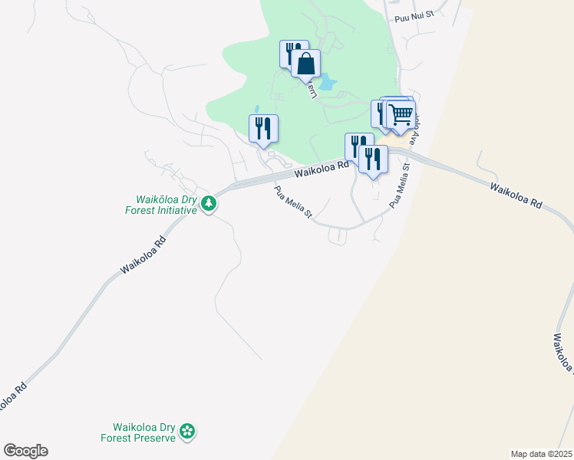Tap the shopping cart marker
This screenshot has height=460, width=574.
tap(401, 116)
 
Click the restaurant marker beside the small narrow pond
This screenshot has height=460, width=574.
tap(263, 128)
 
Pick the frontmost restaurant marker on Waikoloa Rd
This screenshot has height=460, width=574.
tap(373, 159)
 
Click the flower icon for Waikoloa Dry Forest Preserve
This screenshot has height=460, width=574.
tap(186, 432)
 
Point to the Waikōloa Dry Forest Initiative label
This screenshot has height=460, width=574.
tap(161, 204)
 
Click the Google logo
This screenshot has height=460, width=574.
tap(25, 451)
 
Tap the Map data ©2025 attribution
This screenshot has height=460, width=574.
tap(541, 454)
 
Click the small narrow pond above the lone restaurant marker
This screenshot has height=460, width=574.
tap(256, 109)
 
